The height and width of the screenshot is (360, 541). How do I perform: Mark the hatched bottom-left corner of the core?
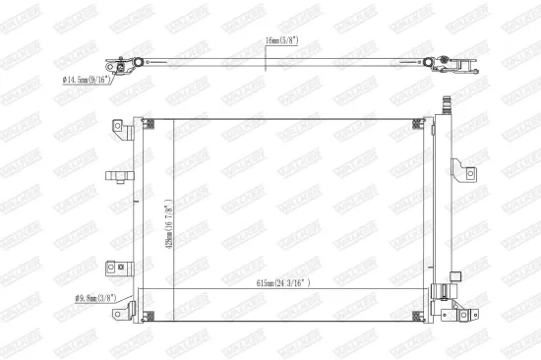point(149,316)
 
